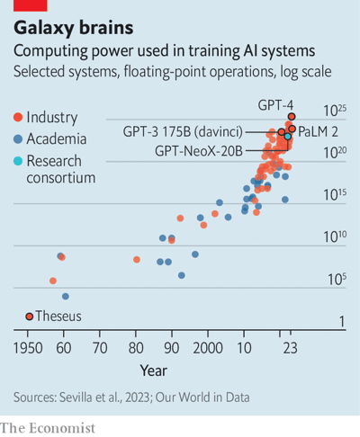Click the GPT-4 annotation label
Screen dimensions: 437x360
[x=275, y=104]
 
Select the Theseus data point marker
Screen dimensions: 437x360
[x=29, y=317]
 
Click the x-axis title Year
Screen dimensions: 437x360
[x=153, y=369]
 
